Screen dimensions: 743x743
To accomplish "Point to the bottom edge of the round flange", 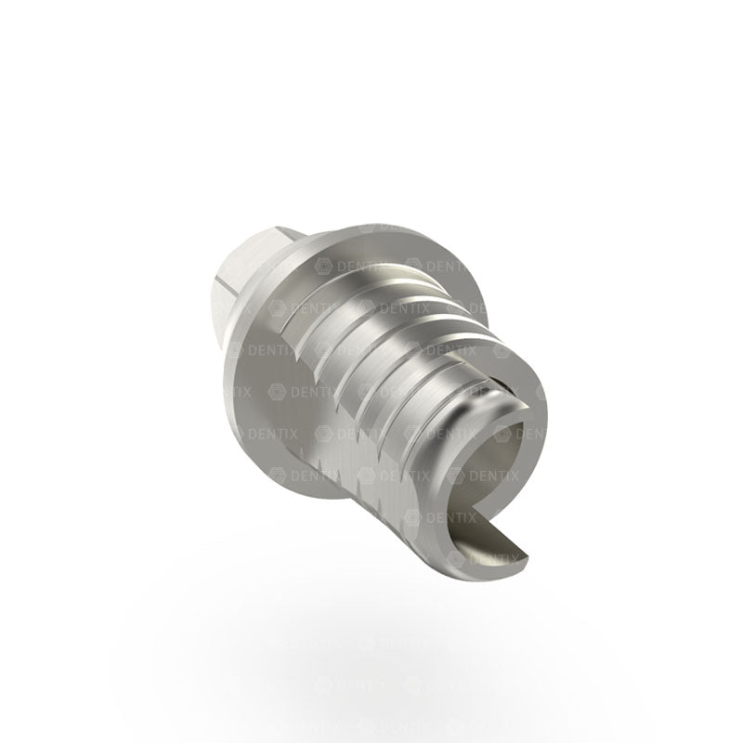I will tap(306, 506).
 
